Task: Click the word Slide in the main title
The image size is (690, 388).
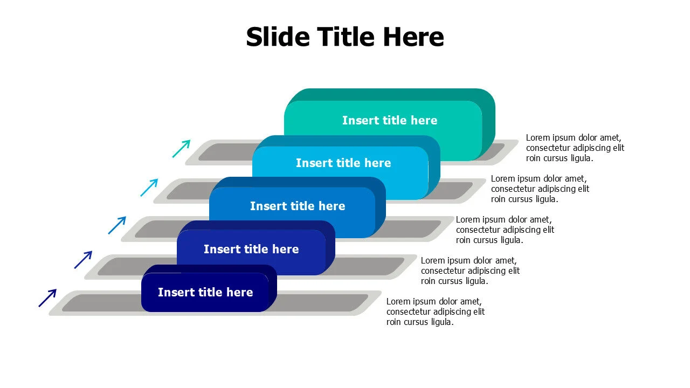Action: (278, 37)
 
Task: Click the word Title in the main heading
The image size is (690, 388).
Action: (346, 37)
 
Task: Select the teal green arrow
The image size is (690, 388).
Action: (181, 149)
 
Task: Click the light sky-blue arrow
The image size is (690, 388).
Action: (149, 187)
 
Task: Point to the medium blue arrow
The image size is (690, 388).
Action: (117, 225)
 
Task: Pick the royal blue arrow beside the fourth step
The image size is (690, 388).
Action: (83, 260)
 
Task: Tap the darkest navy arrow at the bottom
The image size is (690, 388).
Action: (47, 298)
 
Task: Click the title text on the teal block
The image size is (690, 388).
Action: (390, 120)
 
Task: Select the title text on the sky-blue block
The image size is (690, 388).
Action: (343, 163)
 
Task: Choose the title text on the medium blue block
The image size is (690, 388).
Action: (298, 206)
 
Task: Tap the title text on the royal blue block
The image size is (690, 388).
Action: (251, 249)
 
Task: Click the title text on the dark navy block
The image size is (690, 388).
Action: (205, 292)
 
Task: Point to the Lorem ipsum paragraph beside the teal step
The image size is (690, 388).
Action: (575, 148)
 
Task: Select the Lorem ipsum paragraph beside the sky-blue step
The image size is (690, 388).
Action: (540, 189)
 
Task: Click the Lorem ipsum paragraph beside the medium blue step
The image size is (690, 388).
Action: (505, 230)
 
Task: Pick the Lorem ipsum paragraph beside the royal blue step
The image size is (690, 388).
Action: (471, 271)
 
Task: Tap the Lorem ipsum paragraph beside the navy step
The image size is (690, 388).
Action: (436, 311)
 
